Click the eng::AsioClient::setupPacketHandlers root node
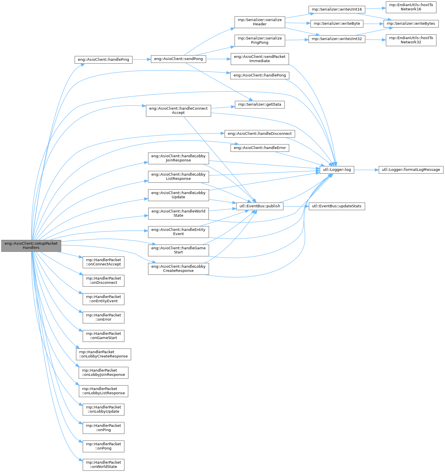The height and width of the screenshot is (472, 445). tap(31, 245)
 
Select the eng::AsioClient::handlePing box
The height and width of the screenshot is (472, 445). tap(103, 60)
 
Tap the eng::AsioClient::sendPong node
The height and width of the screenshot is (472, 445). tap(178, 59)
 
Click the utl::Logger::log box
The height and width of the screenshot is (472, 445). tap(337, 170)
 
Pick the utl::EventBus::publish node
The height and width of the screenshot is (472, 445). tap(259, 206)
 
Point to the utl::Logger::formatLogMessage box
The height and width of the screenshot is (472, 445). tap(411, 170)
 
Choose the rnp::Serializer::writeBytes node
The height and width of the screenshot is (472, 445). tap(411, 24)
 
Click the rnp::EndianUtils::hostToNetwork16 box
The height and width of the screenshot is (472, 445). tap(411, 7)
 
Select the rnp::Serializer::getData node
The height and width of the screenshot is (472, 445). tap(259, 104)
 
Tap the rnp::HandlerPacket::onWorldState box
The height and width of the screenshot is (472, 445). tap(103, 465)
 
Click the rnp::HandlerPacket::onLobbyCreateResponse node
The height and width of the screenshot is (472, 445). tap(103, 354)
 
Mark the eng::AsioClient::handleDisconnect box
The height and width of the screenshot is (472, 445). tap(259, 134)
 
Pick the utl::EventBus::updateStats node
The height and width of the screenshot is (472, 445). tap(337, 206)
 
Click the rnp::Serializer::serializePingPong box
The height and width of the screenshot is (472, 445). tap(259, 40)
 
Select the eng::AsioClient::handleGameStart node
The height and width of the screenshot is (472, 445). tap(178, 250)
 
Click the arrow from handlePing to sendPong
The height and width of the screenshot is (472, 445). tap(142, 60)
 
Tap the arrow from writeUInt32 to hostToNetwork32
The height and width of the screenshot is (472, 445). tap(375, 39)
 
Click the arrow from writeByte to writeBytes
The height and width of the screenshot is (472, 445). tap(373, 24)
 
